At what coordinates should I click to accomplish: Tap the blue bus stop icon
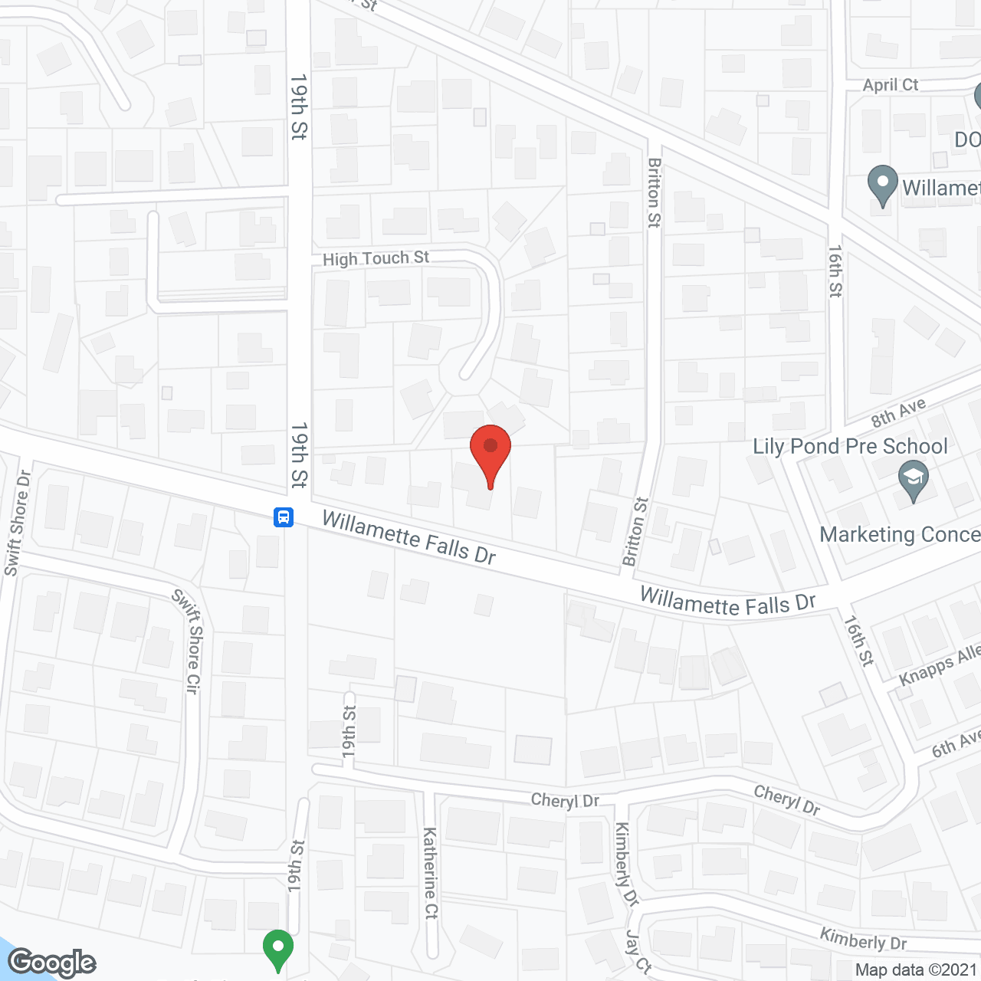click(x=284, y=517)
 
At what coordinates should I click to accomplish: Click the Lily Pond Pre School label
click(x=850, y=447)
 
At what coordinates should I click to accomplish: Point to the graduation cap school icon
click(x=913, y=481)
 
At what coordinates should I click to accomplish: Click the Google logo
click(x=52, y=963)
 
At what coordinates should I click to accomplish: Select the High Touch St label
click(x=376, y=258)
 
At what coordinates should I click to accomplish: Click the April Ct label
click(x=890, y=85)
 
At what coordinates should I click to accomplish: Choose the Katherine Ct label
click(x=431, y=873)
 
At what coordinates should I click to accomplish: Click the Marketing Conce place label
click(x=900, y=534)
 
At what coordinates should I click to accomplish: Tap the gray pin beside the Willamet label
click(x=882, y=185)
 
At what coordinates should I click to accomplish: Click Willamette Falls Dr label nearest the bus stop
click(x=408, y=537)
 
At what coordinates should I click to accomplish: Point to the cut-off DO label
click(x=967, y=139)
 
